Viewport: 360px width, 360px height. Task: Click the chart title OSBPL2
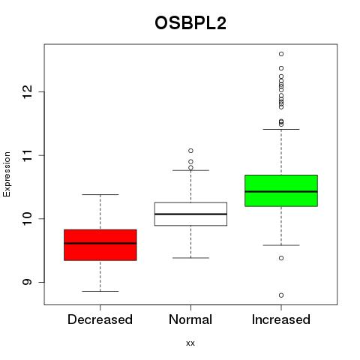click(190, 23)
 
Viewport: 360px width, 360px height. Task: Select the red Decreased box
click(100, 245)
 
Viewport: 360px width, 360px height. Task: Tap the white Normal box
click(190, 214)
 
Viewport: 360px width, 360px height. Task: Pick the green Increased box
click(281, 190)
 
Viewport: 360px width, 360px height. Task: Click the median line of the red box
click(100, 243)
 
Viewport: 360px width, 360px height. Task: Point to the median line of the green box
click(281, 191)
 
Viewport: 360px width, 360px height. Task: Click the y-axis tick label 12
click(27, 91)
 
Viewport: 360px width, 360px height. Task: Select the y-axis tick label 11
click(27, 155)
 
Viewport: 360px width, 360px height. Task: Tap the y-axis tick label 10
click(27, 219)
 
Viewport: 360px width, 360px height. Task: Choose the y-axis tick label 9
click(27, 282)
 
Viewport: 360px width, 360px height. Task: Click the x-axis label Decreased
click(100, 319)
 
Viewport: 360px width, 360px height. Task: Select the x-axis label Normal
click(190, 319)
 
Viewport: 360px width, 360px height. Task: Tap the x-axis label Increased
click(281, 319)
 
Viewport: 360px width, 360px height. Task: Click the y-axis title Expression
click(7, 174)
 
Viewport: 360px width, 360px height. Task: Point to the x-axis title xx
click(190, 343)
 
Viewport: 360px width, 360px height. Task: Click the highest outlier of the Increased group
click(281, 54)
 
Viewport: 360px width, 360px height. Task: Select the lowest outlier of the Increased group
click(281, 295)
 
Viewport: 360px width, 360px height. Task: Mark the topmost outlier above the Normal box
click(190, 151)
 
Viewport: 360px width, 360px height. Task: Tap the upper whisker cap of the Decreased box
click(100, 194)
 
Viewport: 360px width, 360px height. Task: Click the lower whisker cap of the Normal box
click(190, 258)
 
